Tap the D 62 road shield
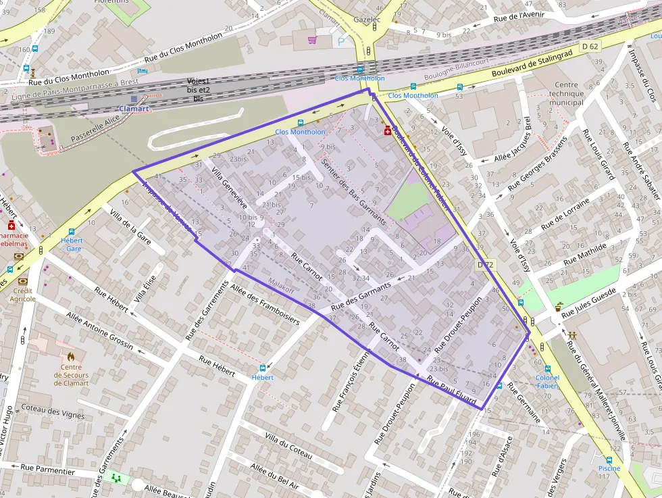tap(590, 47)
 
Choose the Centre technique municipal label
tap(566, 94)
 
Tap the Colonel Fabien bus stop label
tap(547, 382)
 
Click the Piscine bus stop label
tap(609, 468)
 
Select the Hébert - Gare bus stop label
tap(72, 245)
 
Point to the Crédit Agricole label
tap(23, 294)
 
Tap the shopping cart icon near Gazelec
tap(312, 40)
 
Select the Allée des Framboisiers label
tap(264, 303)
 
